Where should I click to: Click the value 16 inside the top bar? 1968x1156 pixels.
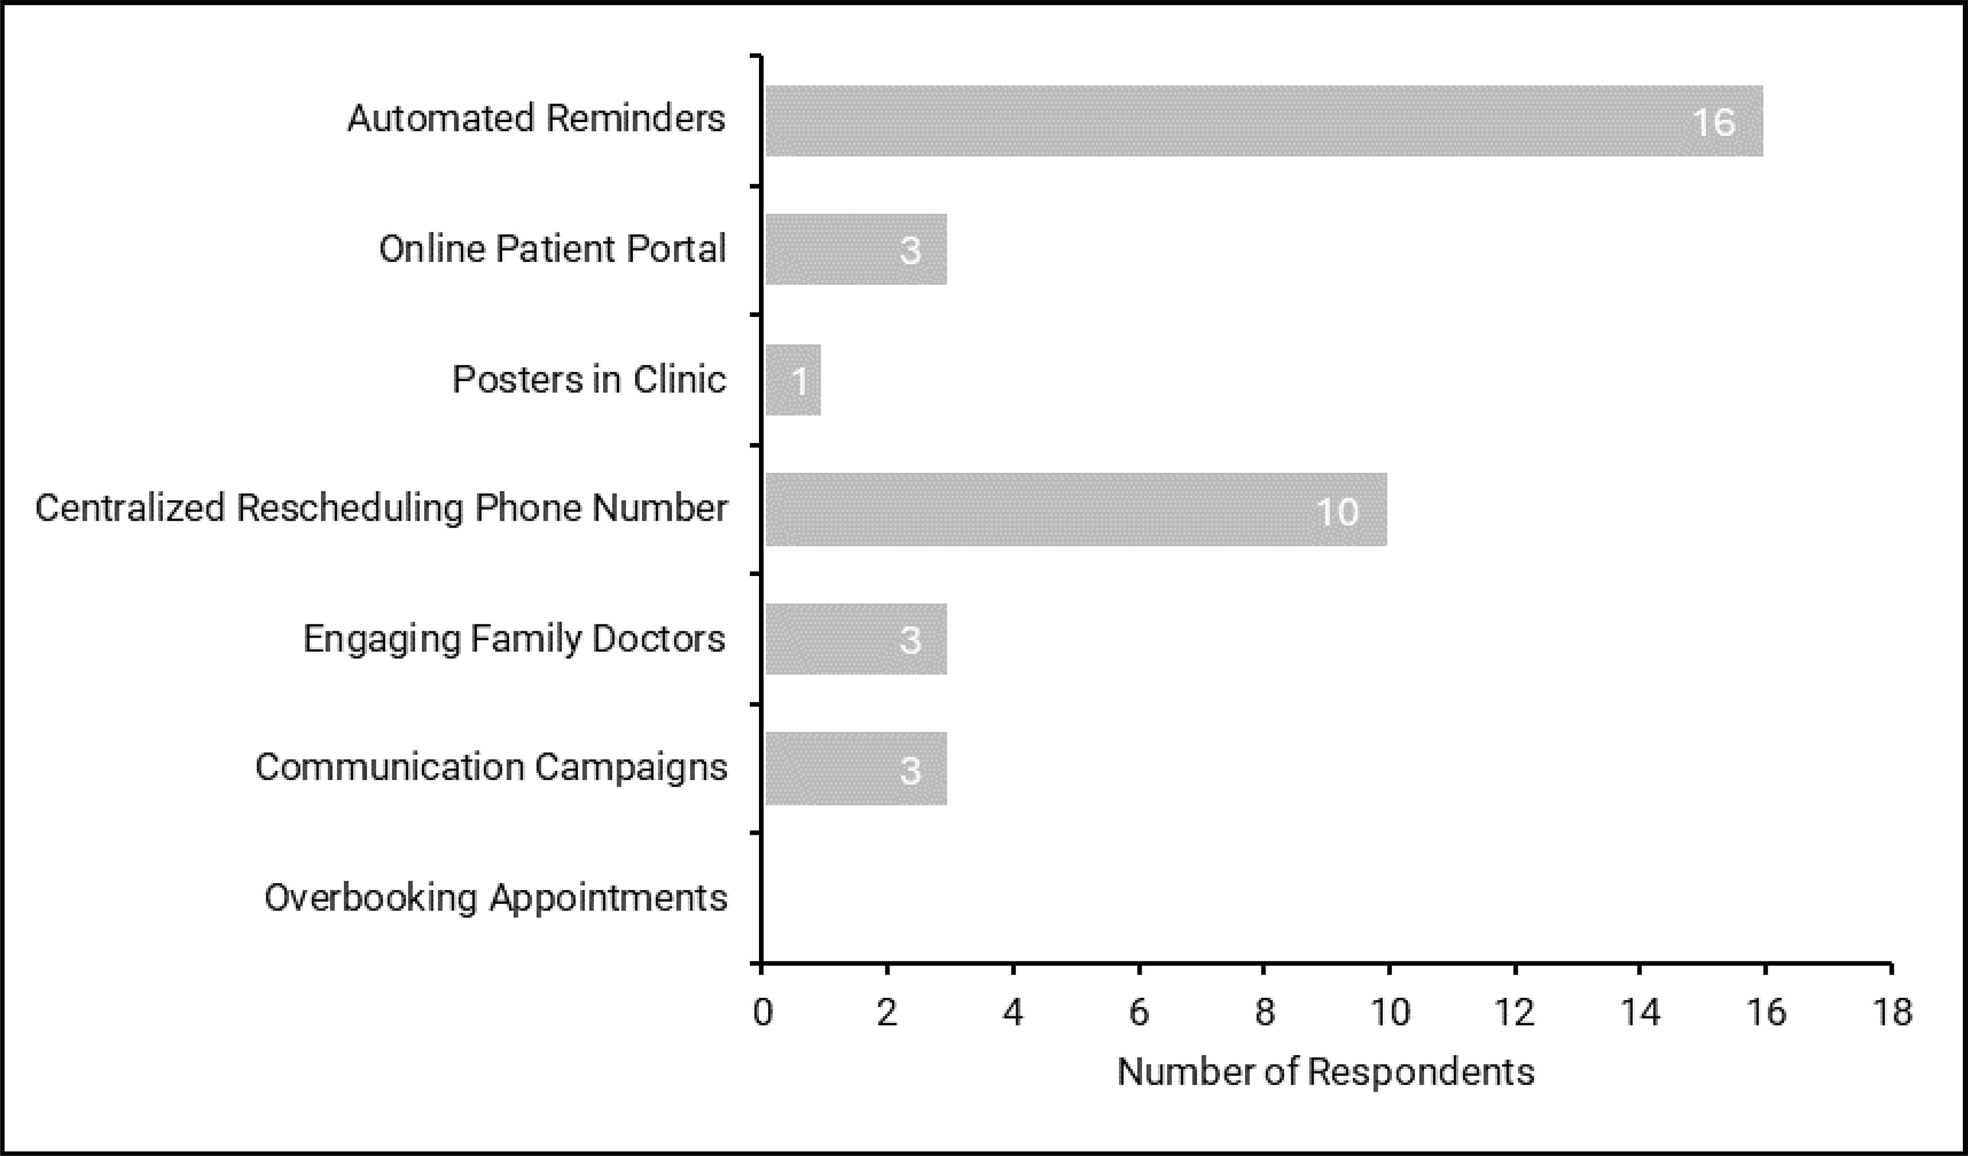point(1714,123)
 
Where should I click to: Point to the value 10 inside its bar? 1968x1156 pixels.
point(1337,512)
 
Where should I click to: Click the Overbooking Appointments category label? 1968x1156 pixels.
point(496,898)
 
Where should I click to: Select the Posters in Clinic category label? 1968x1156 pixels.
point(589,380)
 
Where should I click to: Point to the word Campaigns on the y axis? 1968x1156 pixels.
point(631,767)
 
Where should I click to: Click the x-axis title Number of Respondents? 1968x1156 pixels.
point(1325,1071)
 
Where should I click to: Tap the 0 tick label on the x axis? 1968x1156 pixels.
point(762,1012)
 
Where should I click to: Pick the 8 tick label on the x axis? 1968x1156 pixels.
point(1264,1012)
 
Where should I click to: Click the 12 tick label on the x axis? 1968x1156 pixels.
point(1515,1012)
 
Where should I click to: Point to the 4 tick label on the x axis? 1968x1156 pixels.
point(1013,1012)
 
